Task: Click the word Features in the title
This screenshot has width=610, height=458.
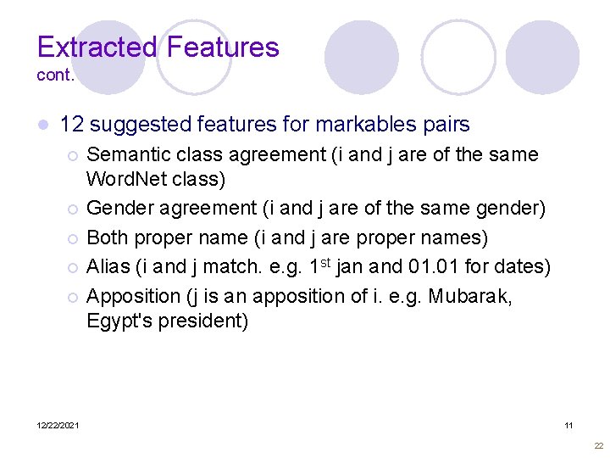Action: (x=222, y=47)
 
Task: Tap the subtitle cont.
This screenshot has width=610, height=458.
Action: (x=56, y=75)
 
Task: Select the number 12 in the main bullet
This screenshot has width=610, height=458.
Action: (x=72, y=125)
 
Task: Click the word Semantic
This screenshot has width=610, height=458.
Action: (x=127, y=155)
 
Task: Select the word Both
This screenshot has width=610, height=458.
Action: (x=107, y=237)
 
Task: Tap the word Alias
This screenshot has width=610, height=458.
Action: (x=108, y=267)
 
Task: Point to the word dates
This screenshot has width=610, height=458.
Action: (x=524, y=267)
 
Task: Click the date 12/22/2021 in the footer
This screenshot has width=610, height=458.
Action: (x=58, y=425)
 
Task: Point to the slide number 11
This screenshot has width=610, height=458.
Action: (x=568, y=425)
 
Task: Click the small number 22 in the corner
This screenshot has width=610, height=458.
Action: (x=599, y=445)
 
